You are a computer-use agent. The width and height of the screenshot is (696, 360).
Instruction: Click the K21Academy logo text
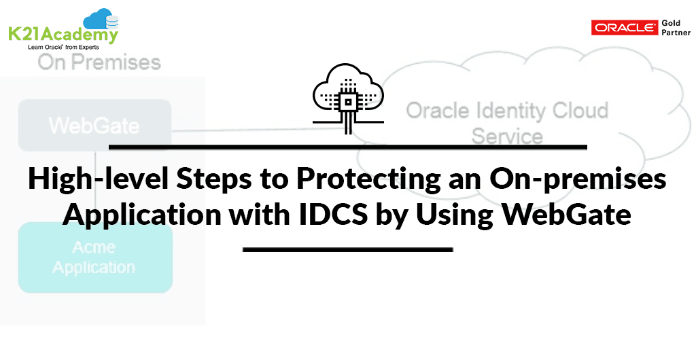point(63,34)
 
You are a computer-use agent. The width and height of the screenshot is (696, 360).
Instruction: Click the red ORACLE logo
point(624,27)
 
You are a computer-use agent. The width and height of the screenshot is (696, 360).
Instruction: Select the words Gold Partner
point(676,27)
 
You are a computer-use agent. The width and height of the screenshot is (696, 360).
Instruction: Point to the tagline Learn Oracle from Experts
point(63,47)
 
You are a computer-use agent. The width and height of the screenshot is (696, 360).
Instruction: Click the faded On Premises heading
point(99,62)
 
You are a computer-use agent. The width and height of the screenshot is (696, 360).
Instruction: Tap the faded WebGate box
point(94,125)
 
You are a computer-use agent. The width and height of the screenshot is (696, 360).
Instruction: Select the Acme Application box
point(95,257)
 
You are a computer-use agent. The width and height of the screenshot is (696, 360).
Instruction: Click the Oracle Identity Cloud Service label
point(507,123)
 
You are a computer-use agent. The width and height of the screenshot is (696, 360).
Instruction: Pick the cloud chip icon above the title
point(348,99)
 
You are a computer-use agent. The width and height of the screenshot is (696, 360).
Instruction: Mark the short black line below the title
point(347,249)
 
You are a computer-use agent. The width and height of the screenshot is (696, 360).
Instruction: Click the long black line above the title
point(348,147)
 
